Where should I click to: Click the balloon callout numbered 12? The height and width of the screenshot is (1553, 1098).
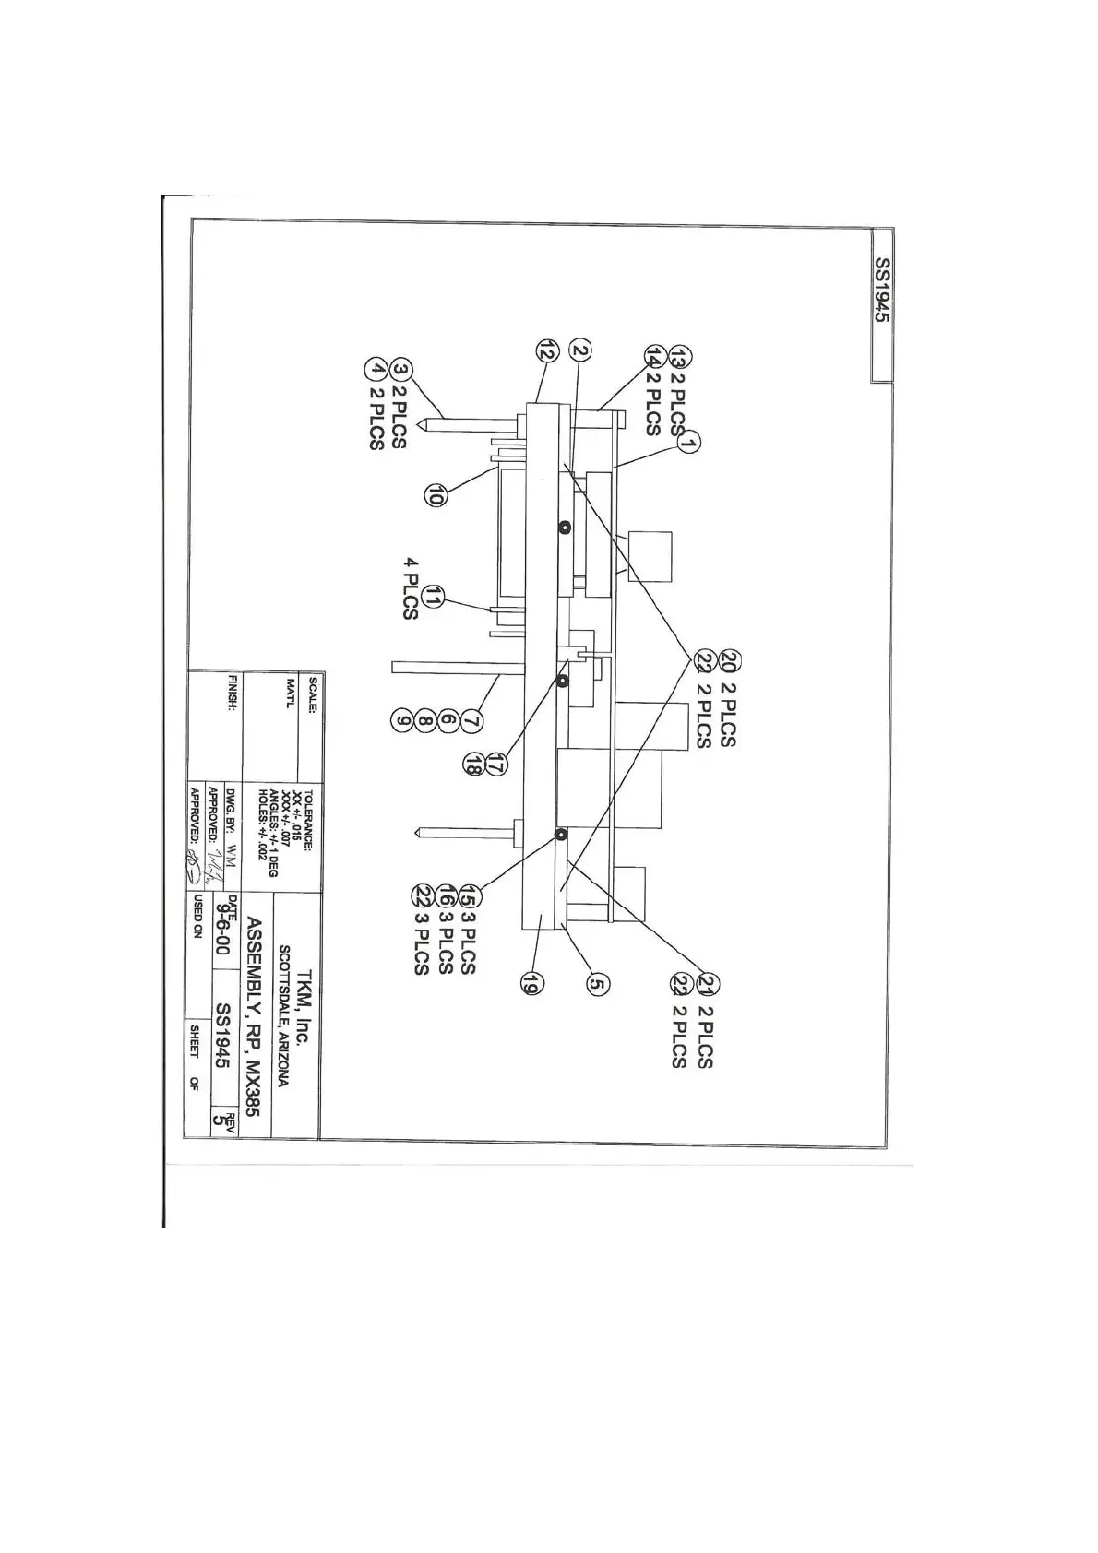[547, 350]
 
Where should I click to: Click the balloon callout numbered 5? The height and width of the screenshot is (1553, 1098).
[597, 984]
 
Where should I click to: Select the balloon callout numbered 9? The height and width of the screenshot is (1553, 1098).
[402, 718]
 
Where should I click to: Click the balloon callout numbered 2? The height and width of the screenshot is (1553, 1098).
[580, 350]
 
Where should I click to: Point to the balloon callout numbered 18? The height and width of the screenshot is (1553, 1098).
[473, 765]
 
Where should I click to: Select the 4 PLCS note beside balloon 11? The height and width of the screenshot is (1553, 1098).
[412, 588]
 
